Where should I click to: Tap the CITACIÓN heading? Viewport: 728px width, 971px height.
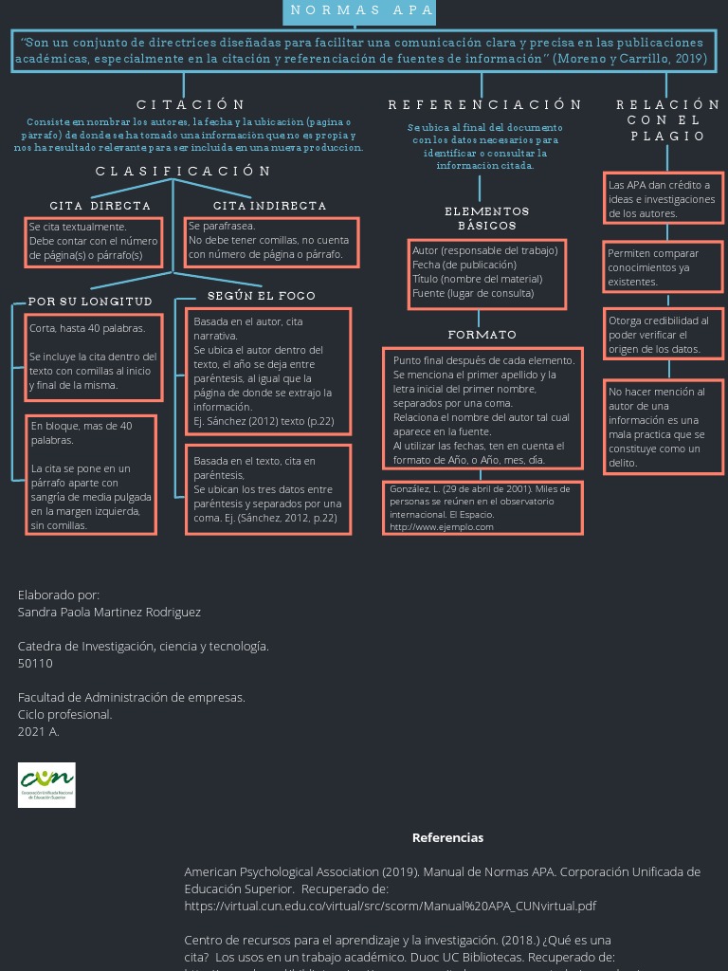click(191, 104)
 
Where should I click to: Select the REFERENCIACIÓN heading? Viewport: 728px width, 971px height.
click(484, 104)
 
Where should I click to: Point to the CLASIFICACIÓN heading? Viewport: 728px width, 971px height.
click(183, 172)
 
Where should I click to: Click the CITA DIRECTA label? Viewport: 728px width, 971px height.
click(100, 206)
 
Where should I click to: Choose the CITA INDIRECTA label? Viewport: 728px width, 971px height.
click(269, 206)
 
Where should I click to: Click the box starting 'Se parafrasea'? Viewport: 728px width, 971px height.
click(271, 241)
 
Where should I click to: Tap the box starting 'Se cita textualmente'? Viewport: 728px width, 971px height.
click(93, 241)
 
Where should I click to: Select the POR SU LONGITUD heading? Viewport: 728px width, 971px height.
click(90, 302)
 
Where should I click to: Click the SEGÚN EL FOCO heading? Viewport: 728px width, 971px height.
click(262, 296)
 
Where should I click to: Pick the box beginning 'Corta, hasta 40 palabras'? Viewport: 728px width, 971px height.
click(92, 357)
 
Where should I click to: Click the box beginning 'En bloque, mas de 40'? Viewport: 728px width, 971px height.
click(91, 474)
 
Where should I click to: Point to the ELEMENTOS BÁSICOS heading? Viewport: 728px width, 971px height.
click(486, 218)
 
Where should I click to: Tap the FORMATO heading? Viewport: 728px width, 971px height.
click(482, 335)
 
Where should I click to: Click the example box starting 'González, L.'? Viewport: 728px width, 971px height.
click(482, 507)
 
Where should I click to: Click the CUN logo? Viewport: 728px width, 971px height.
click(46, 785)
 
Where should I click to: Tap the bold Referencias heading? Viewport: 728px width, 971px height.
click(447, 837)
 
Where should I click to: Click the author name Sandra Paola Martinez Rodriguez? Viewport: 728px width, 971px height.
click(109, 612)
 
